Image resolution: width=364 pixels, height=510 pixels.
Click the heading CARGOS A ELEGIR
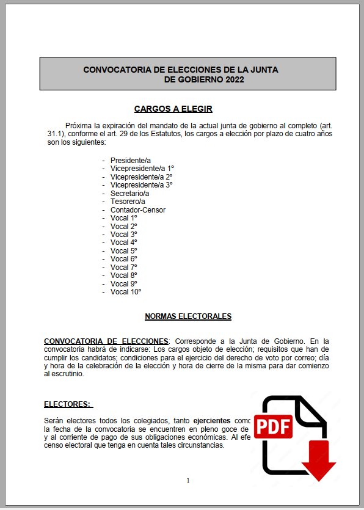tap(173, 109)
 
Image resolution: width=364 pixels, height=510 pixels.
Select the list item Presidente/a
tap(130, 160)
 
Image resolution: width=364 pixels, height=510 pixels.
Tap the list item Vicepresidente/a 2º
tap(142, 177)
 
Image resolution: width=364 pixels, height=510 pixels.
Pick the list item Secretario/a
tap(129, 193)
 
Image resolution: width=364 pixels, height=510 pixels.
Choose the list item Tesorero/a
tap(128, 202)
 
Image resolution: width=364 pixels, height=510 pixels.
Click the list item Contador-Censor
tap(138, 210)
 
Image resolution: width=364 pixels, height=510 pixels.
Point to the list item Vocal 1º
tap(124, 218)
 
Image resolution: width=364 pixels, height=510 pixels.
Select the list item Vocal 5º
tap(124, 251)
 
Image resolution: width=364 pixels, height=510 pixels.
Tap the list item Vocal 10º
tap(126, 292)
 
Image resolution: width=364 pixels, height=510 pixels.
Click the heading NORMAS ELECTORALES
tap(188, 316)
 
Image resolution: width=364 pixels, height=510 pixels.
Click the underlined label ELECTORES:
tap(67, 404)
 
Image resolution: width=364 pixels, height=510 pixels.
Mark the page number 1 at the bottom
tap(188, 481)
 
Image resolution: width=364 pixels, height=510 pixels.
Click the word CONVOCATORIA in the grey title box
tap(115, 70)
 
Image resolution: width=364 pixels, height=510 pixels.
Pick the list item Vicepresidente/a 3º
tap(142, 185)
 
